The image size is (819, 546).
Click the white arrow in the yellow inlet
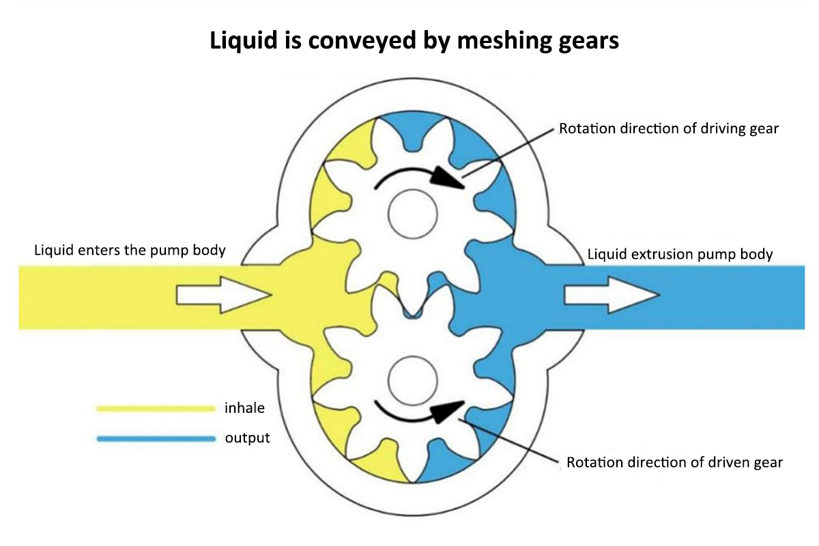click(x=224, y=296)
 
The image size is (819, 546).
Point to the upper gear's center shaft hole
click(x=412, y=214)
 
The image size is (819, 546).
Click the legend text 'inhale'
click(x=244, y=409)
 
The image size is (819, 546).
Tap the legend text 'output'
click(x=248, y=438)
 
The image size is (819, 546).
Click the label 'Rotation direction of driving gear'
click(x=668, y=128)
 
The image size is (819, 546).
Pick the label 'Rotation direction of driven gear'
click(x=674, y=463)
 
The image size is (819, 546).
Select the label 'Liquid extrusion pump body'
click(x=680, y=255)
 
